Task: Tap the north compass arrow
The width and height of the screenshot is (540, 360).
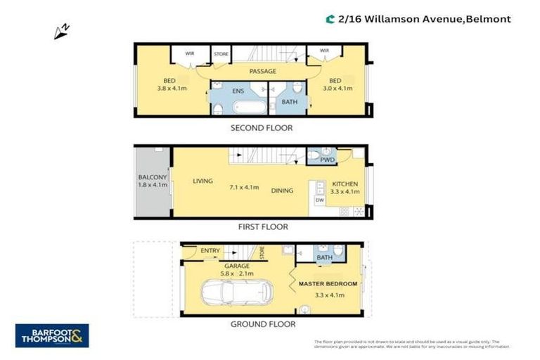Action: (x=61, y=30)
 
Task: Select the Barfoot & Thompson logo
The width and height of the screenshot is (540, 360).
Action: (x=52, y=335)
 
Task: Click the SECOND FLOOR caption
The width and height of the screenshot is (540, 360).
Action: (x=262, y=128)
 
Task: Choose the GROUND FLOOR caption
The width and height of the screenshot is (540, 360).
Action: (x=263, y=324)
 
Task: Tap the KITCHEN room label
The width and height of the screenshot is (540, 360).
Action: (x=345, y=184)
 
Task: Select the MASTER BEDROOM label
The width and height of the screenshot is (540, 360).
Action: (x=328, y=284)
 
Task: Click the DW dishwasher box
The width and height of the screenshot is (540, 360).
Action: (x=319, y=200)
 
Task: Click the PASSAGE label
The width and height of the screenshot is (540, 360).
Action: (x=262, y=71)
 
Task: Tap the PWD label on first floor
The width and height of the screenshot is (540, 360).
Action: (x=327, y=160)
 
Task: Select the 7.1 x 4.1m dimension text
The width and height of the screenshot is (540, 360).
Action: (x=245, y=188)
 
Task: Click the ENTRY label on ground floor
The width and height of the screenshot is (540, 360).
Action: (x=210, y=250)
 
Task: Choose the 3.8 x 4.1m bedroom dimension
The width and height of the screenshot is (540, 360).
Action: (x=169, y=89)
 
